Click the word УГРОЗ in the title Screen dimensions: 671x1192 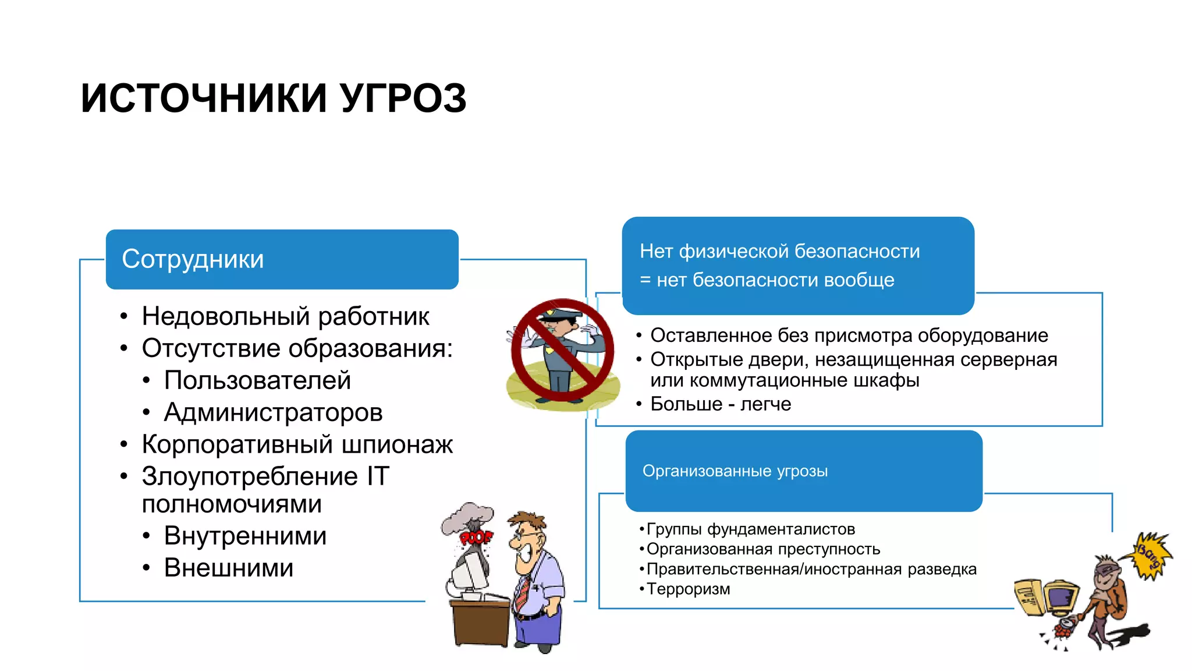(x=403, y=98)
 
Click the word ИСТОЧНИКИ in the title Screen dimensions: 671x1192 (x=204, y=98)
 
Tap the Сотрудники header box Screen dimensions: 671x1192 (x=282, y=259)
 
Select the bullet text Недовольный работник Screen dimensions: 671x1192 (x=285, y=316)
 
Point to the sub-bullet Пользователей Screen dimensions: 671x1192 (x=257, y=380)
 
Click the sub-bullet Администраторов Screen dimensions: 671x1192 (x=273, y=412)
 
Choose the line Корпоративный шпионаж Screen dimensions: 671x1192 (x=297, y=444)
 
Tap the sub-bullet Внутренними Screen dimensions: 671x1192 (x=245, y=536)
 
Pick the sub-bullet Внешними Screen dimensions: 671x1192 (x=229, y=568)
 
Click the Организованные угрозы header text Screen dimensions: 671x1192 (x=735, y=471)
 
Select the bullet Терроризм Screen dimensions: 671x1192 (x=688, y=589)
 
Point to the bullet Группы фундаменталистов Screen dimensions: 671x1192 (x=750, y=529)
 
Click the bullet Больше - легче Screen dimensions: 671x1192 (x=720, y=404)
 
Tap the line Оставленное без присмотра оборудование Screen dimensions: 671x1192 (x=849, y=335)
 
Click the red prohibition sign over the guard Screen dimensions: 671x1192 (x=562, y=350)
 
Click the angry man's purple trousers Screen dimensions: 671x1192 (x=538, y=629)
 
